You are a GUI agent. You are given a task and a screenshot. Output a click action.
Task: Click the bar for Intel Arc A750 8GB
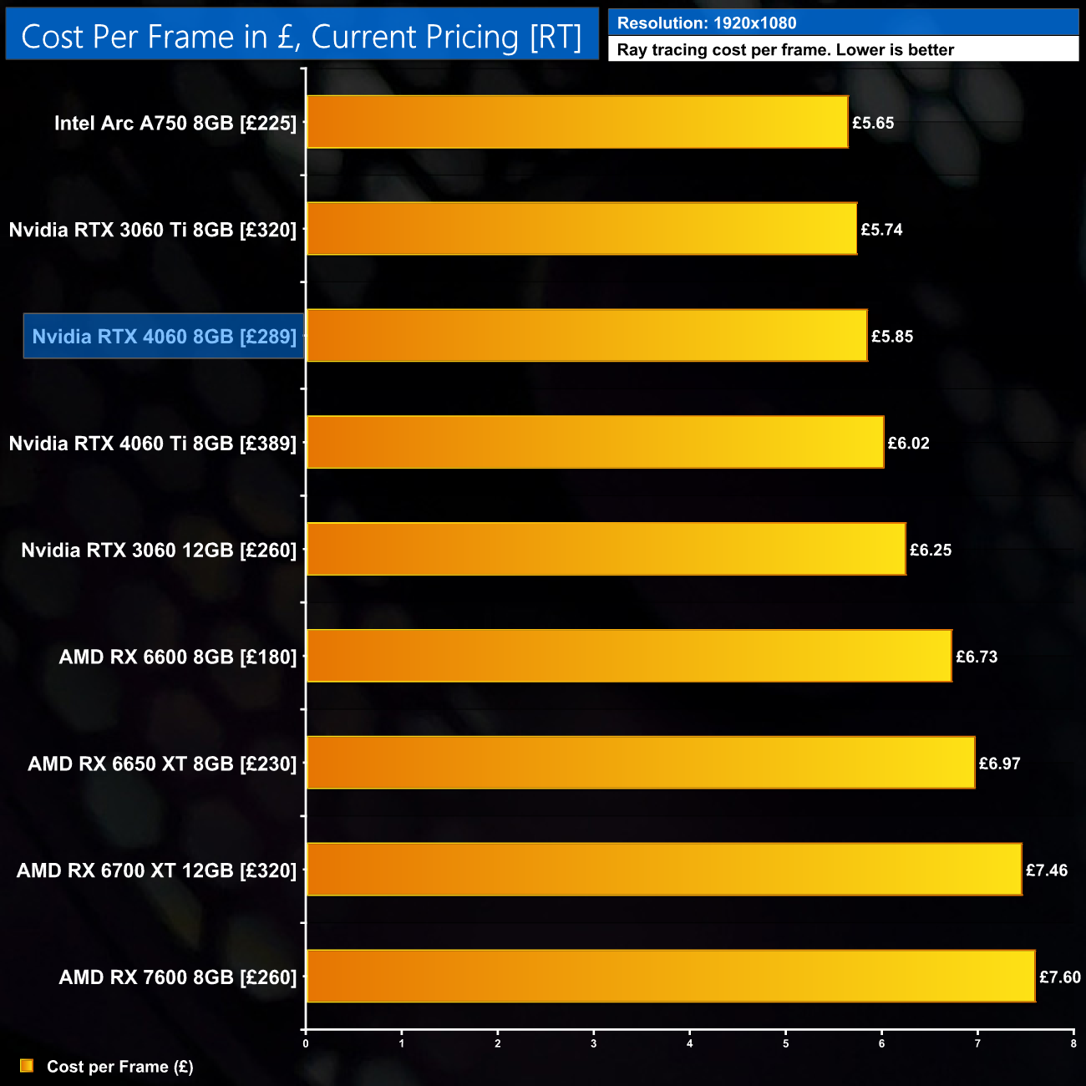577,122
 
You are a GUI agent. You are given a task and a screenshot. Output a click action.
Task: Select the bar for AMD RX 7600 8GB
671,976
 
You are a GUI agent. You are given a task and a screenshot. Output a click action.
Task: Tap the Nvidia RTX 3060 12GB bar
606,549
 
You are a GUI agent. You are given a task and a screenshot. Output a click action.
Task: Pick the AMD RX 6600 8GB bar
629,656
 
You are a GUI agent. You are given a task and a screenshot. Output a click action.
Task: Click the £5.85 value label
892,336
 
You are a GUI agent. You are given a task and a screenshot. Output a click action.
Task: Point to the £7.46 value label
1047,870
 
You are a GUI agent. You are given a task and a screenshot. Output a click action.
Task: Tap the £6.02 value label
908,443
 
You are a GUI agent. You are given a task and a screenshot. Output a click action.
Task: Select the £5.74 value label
881,229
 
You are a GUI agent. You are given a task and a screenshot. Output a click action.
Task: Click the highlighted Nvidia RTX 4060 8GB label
164,336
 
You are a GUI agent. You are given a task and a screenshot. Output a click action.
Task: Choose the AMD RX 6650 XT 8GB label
162,764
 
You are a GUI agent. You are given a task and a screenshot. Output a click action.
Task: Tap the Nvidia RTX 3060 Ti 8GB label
153,230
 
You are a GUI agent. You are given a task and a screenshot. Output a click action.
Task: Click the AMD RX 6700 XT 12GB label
156,870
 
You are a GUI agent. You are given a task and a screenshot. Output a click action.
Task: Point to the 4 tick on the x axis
690,1043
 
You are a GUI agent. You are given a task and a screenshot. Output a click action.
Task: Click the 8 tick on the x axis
1073,1043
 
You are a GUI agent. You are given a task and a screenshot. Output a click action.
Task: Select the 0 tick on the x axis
306,1043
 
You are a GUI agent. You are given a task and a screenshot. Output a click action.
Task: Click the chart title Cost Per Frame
302,37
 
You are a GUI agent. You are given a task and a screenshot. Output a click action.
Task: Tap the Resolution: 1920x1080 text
707,23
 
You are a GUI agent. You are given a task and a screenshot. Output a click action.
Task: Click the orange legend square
27,1066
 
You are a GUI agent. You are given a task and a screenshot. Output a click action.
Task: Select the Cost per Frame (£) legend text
119,1067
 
